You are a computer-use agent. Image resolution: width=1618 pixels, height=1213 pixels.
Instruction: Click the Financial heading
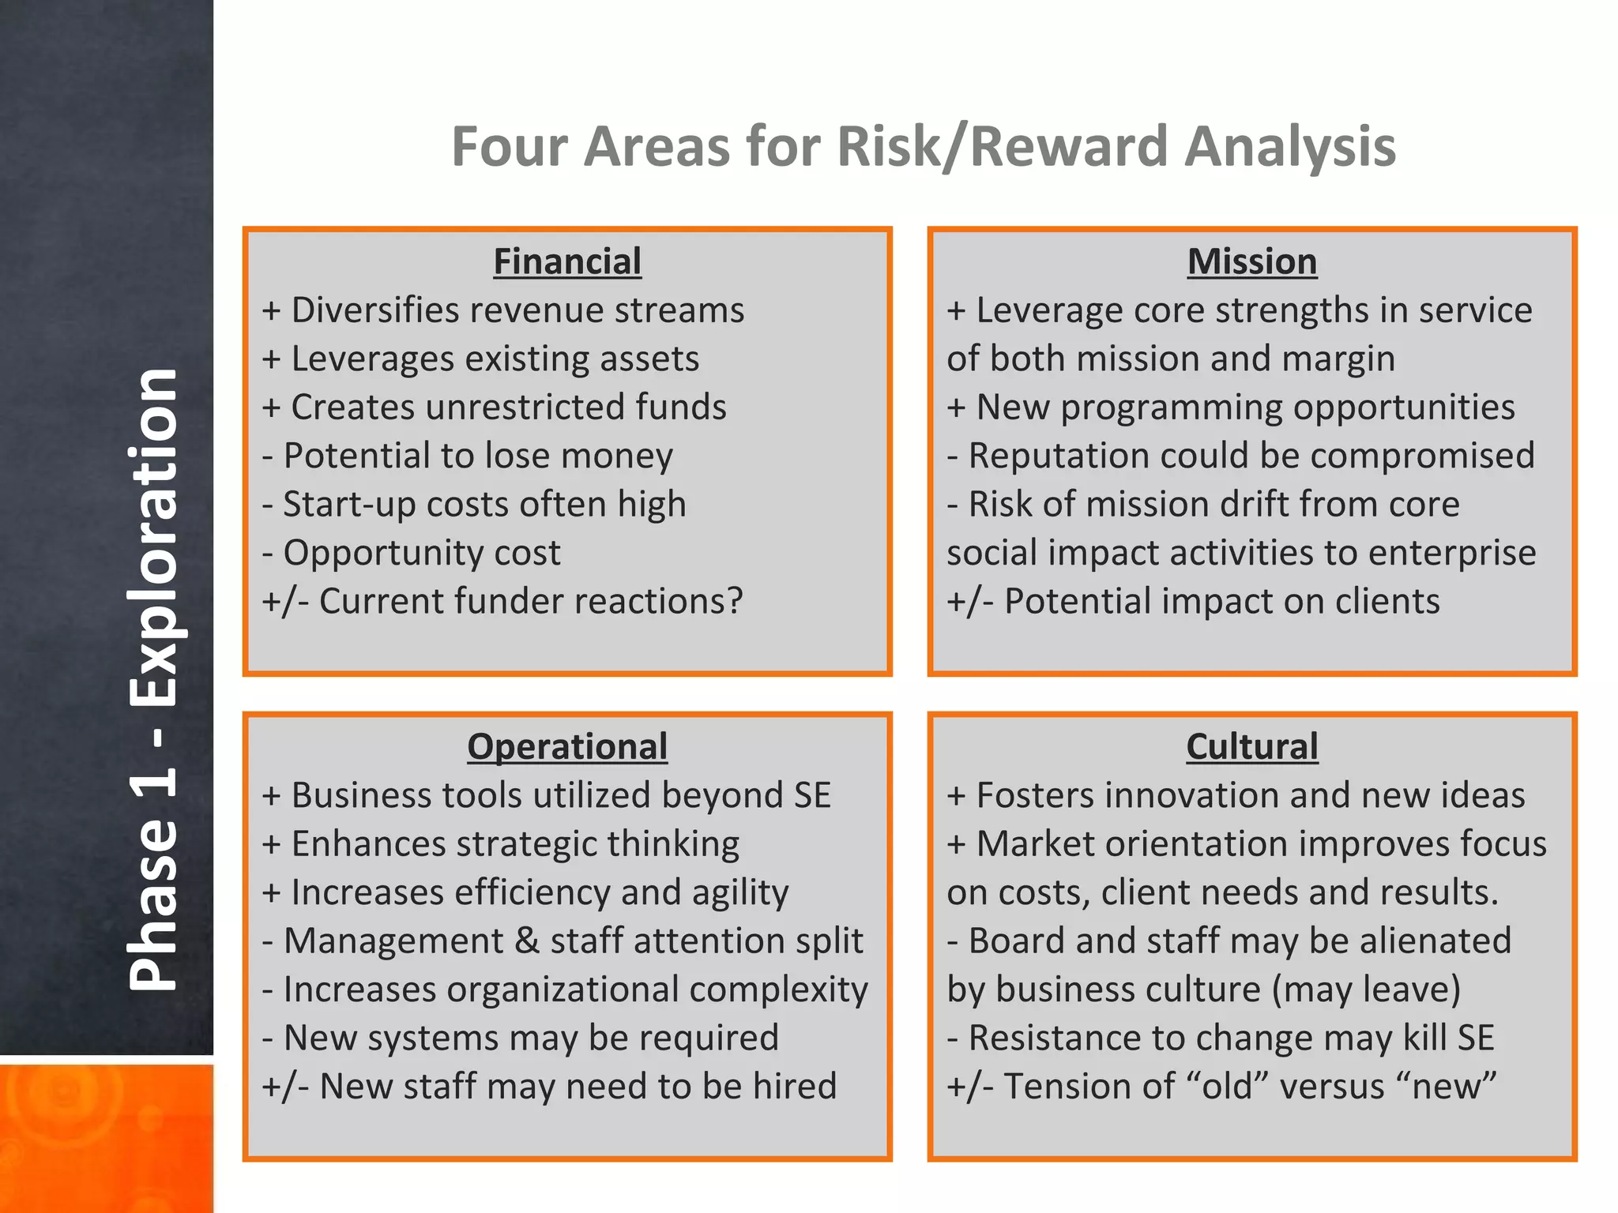tap(567, 261)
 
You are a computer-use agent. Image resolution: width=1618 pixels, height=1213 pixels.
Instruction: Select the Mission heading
tap(1252, 261)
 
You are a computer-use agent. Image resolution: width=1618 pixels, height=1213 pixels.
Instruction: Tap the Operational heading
tap(567, 746)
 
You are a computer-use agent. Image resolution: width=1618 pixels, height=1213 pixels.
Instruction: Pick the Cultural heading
tap(1252, 746)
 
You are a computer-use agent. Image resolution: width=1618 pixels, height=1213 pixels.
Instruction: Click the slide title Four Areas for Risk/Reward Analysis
tap(923, 147)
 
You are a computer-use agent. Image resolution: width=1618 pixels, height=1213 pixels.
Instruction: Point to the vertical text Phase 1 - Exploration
tap(153, 679)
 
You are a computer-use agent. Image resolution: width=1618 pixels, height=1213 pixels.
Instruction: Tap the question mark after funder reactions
tap(734, 601)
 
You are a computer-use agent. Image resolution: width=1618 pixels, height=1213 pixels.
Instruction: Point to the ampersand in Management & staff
tap(526, 941)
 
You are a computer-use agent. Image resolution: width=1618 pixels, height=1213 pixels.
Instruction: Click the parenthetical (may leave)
tap(1366, 990)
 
